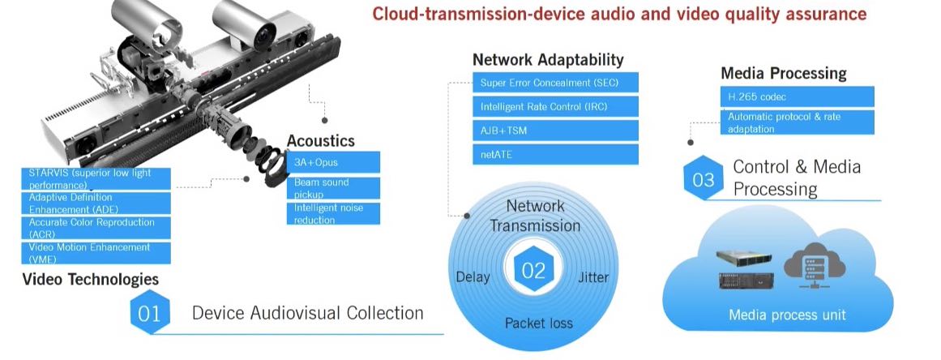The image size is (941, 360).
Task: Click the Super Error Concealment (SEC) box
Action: (x=555, y=83)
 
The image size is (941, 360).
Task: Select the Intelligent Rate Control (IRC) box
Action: (x=555, y=106)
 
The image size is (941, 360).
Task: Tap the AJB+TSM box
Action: (x=555, y=130)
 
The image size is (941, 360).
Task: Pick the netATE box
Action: (x=555, y=153)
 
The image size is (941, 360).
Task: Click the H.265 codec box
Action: (x=797, y=96)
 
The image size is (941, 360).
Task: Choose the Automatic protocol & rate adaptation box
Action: (x=797, y=122)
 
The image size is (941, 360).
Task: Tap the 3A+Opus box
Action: (x=333, y=162)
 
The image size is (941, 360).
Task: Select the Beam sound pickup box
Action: (x=333, y=188)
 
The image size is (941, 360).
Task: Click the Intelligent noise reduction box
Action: (x=333, y=213)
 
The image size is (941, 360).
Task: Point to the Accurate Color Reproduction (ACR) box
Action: (x=96, y=228)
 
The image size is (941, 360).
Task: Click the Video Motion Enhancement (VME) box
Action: (x=96, y=252)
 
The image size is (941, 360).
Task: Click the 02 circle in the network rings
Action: (x=533, y=271)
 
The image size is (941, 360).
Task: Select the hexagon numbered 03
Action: (x=703, y=178)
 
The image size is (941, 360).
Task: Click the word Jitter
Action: (x=593, y=277)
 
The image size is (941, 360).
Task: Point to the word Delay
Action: (x=473, y=277)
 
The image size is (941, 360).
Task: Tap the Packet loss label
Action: (x=538, y=323)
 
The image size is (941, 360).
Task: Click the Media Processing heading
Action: (x=783, y=74)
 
